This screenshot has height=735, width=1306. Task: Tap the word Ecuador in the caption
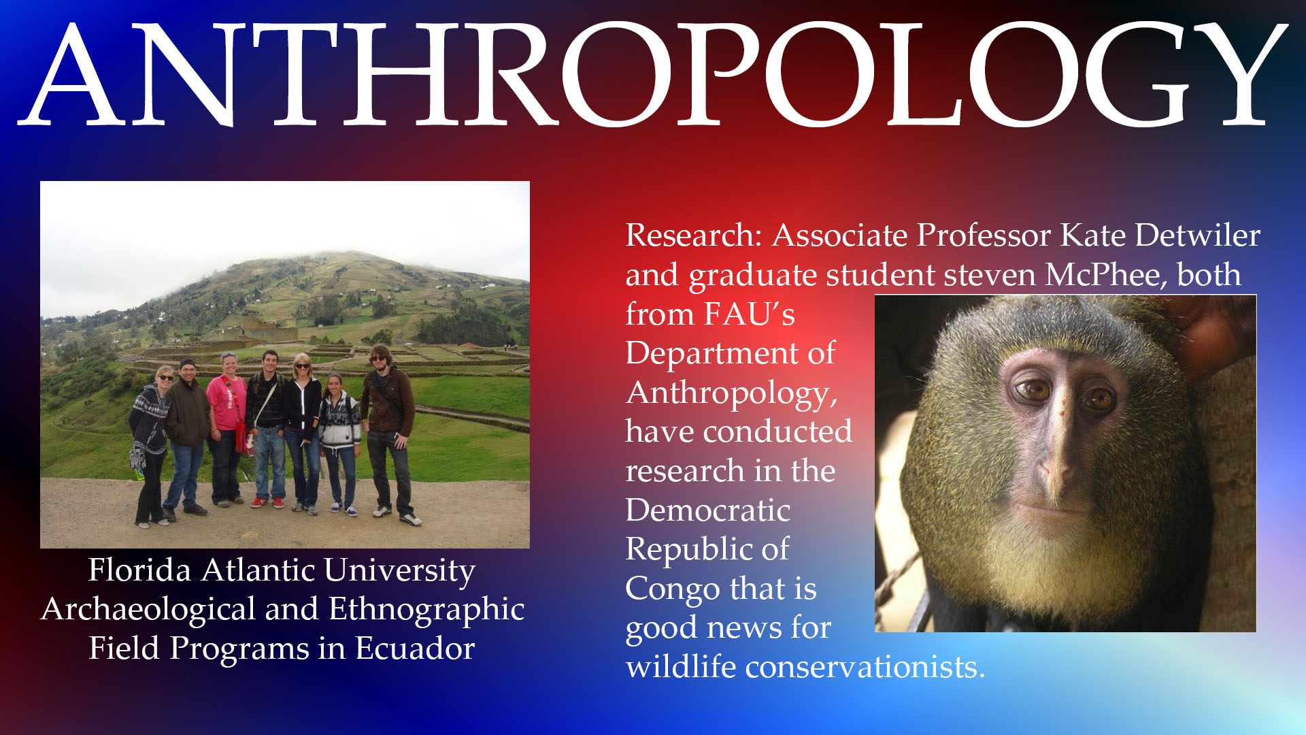click(x=415, y=648)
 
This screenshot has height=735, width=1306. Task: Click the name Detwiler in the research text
click(x=1198, y=235)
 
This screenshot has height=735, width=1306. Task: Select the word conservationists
click(x=865, y=667)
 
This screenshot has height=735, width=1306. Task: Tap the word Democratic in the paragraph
click(x=708, y=510)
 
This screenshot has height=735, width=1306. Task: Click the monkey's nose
click(x=1054, y=470)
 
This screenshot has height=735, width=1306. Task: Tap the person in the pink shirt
click(x=227, y=429)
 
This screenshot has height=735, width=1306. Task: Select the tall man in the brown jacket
click(x=388, y=436)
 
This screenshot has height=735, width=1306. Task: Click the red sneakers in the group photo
click(x=268, y=503)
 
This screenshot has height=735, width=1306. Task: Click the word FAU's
click(x=750, y=314)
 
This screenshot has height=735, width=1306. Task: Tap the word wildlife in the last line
click(x=682, y=667)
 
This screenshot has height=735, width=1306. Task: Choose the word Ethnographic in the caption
click(x=427, y=610)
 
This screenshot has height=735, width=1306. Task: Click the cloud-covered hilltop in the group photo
click(x=340, y=262)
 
